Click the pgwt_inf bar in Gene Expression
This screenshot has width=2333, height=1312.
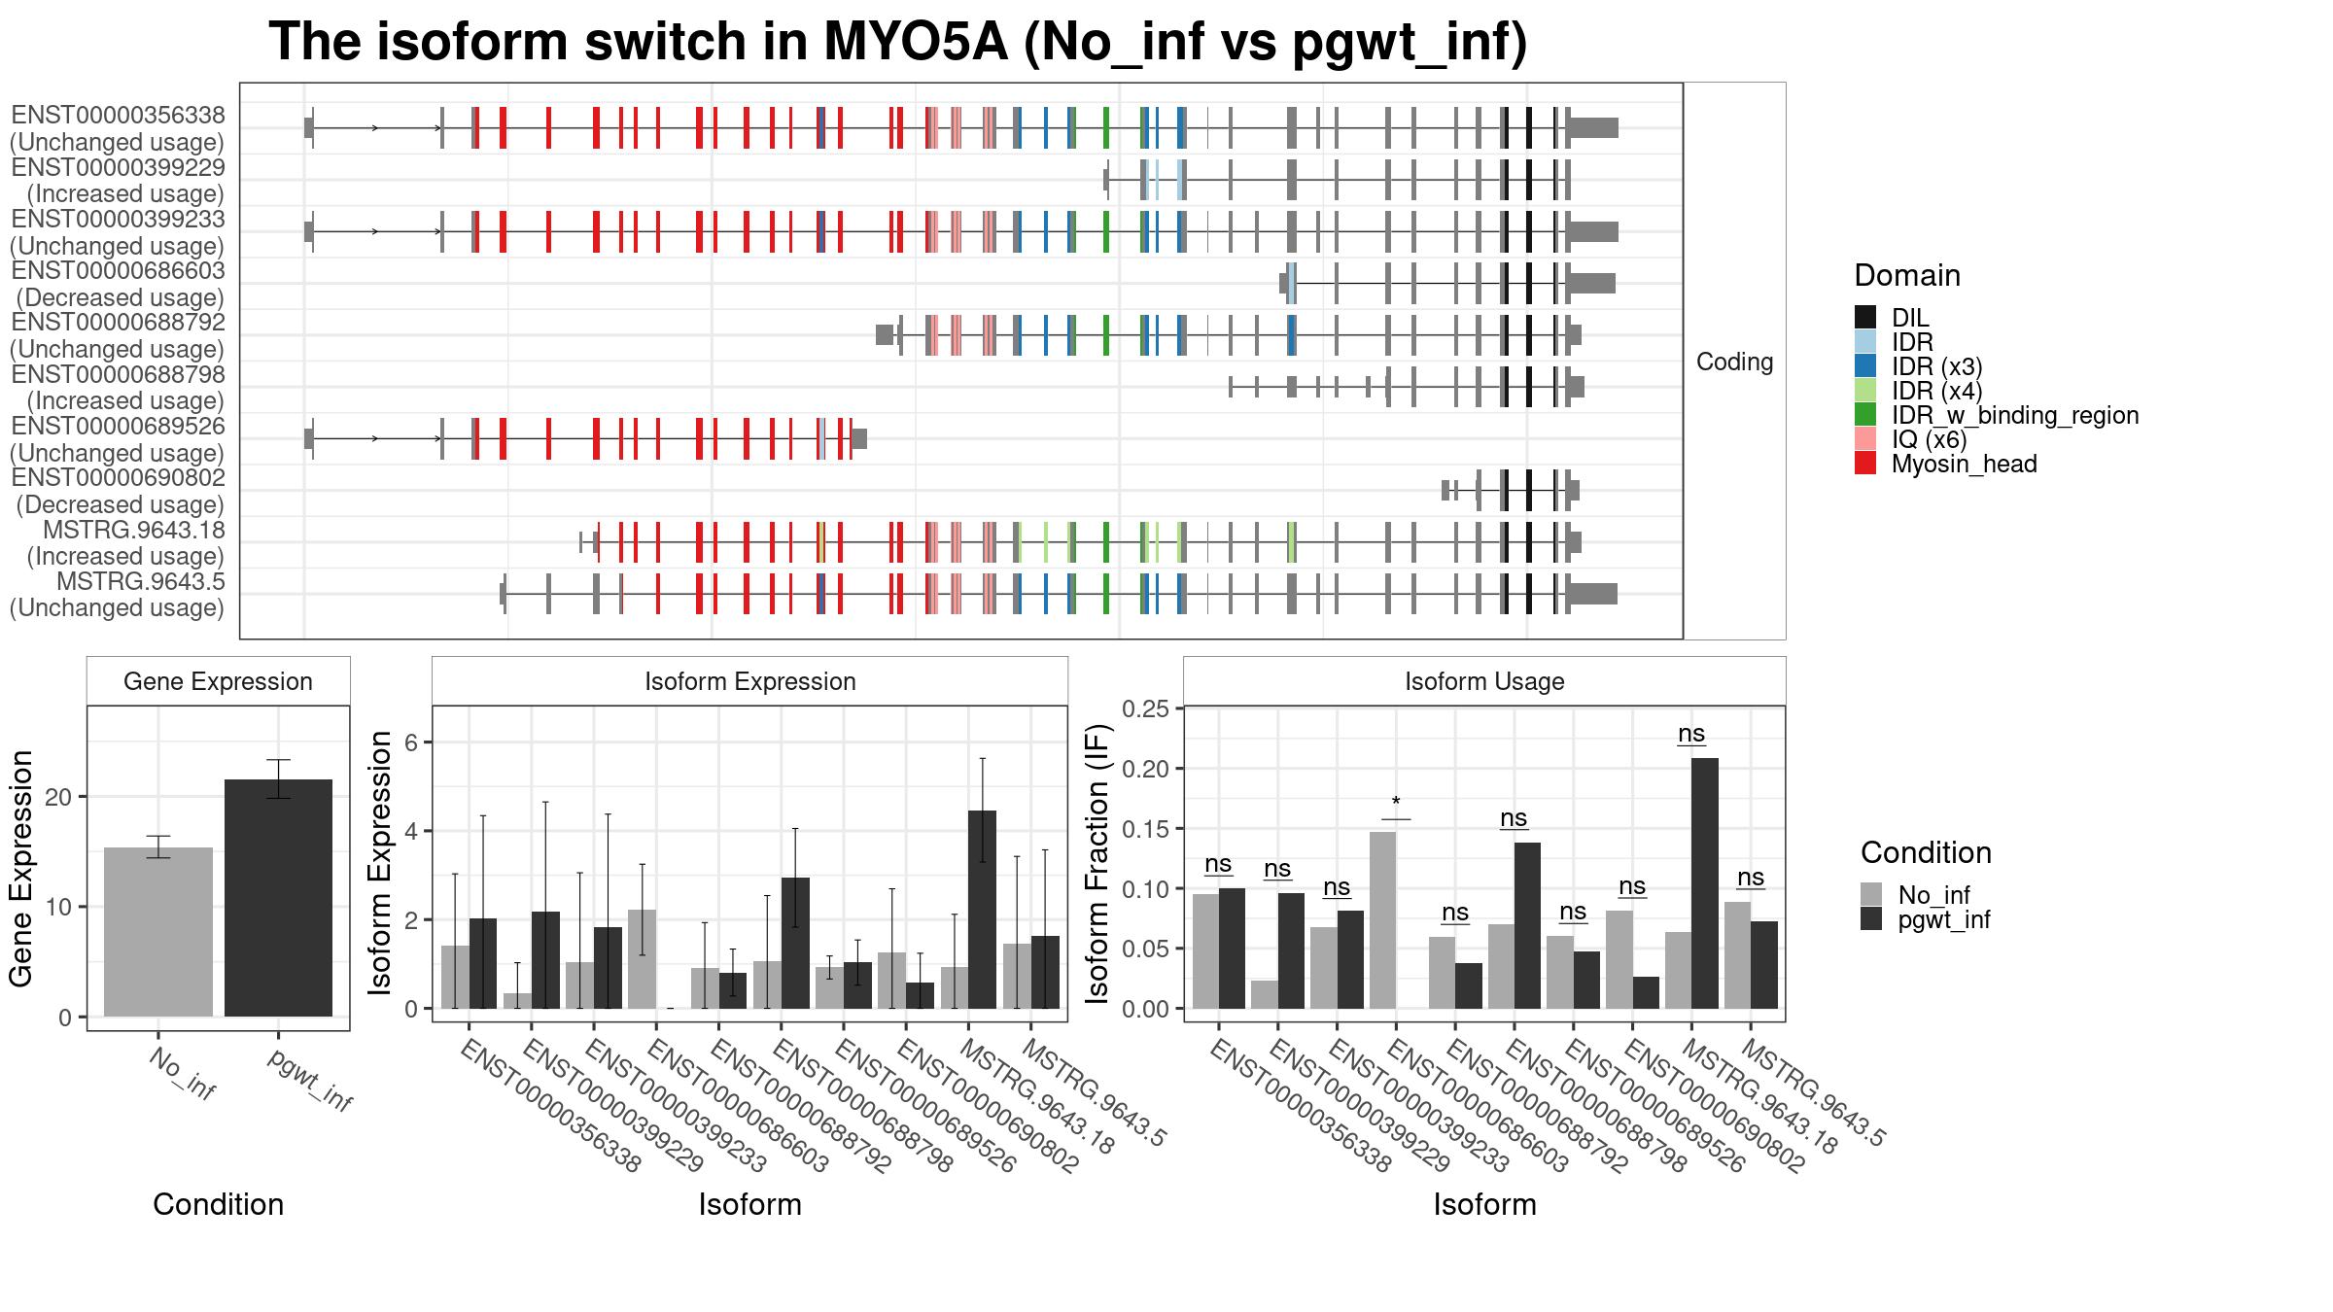tap(278, 898)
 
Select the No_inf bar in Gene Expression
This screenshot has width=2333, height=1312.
tap(158, 932)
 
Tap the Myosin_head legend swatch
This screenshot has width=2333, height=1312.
tap(1864, 464)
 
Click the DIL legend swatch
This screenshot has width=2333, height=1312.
tap(1864, 317)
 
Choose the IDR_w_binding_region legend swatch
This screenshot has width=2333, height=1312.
tap(1864, 415)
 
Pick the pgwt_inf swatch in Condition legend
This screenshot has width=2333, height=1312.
tap(1871, 919)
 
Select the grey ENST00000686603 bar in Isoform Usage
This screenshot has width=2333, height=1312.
tap(1382, 919)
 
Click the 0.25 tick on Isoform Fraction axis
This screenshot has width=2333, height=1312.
tap(1145, 708)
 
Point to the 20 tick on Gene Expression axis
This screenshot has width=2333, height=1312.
tap(59, 797)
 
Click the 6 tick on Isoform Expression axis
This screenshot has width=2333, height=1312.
tap(410, 742)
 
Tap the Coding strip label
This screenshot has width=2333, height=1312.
tap(1734, 362)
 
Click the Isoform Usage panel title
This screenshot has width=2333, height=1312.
tap(1483, 681)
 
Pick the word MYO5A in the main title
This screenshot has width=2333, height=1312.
tap(916, 43)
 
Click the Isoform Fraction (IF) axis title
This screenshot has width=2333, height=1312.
tap(1097, 864)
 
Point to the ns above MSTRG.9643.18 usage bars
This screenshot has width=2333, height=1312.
tap(1691, 734)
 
